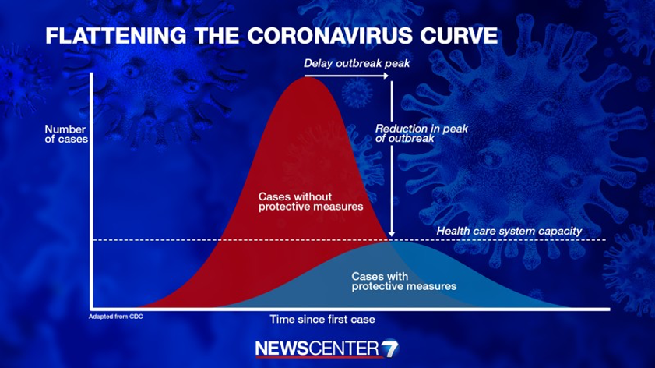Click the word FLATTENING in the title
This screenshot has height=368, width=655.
[x=116, y=36]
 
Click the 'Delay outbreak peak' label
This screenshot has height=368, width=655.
[x=357, y=64]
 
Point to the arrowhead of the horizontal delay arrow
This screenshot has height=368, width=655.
[x=387, y=76]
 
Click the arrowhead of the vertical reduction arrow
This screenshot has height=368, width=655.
[x=392, y=233]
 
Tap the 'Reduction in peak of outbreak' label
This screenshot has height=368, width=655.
[x=421, y=133]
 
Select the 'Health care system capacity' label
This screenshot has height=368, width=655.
[x=509, y=231]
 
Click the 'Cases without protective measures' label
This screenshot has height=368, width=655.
[x=311, y=202]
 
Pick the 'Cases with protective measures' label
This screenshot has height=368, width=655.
[x=404, y=281]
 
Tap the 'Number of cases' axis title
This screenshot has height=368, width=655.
[x=66, y=134]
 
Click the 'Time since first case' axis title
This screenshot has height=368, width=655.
[x=322, y=320]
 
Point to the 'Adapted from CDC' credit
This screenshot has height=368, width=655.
[x=116, y=317]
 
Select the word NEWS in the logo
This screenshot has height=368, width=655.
[x=282, y=349]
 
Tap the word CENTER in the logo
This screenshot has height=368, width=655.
[x=343, y=349]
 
